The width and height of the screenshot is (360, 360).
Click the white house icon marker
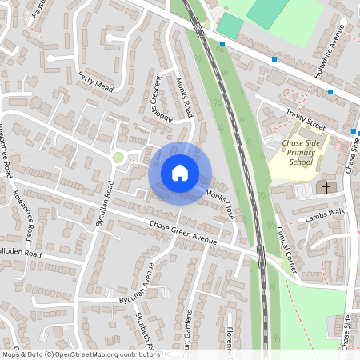(180, 172)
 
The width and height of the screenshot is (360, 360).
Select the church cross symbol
(326, 187)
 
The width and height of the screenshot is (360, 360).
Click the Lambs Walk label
(324, 216)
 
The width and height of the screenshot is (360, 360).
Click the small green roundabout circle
(118, 157)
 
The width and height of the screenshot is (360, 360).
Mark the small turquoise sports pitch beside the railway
(229, 26)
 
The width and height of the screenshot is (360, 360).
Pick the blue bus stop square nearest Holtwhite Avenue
(330, 92)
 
